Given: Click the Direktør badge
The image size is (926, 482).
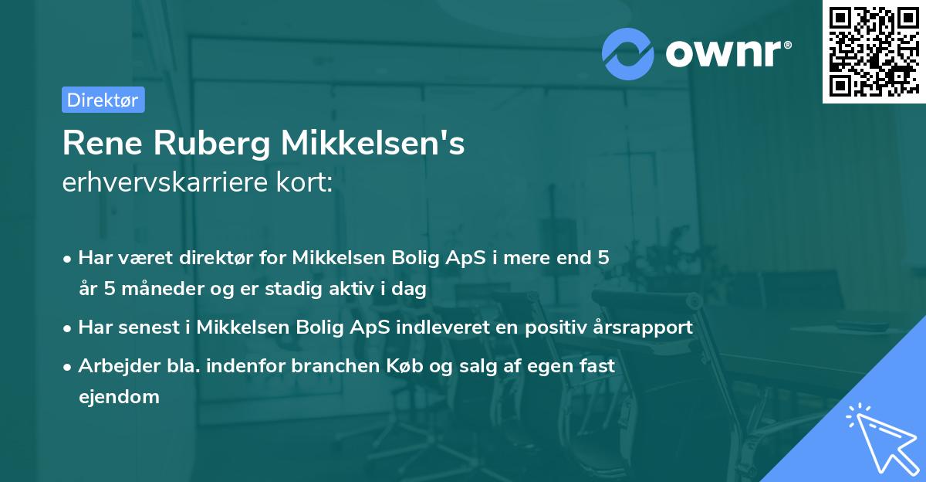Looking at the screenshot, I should tap(103, 100).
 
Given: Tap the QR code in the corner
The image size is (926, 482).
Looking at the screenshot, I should tap(874, 52).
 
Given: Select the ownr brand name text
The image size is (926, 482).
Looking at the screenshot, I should tap(728, 53).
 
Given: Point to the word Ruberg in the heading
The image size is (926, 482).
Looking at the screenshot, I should tap(211, 144).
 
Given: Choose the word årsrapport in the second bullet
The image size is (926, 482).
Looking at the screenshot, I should tap(642, 327).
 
